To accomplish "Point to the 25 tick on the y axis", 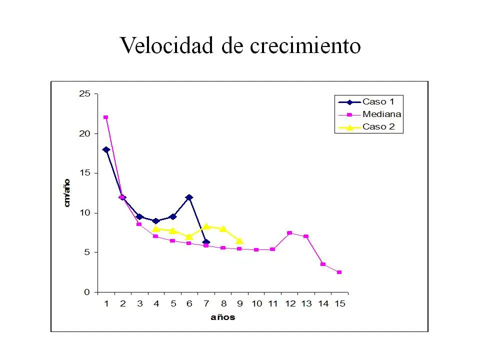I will coord(84,94).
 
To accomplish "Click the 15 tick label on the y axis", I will coord(84,173).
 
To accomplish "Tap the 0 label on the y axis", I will coord(87,292).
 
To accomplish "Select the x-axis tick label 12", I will coord(290,303).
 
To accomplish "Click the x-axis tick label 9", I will coord(239,303).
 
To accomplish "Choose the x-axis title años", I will coord(222,317).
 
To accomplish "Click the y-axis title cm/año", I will coord(67,193).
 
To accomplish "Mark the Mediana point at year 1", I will coord(105,117).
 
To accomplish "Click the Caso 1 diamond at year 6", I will coord(189,197).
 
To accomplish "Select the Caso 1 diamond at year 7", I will coord(206,242).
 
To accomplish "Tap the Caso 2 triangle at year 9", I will coord(239,241).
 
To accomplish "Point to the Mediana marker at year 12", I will coord(289,233).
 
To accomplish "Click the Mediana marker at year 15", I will coord(339,272).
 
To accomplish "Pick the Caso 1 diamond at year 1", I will coord(106,149).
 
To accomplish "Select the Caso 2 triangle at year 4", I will coord(156,229).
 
